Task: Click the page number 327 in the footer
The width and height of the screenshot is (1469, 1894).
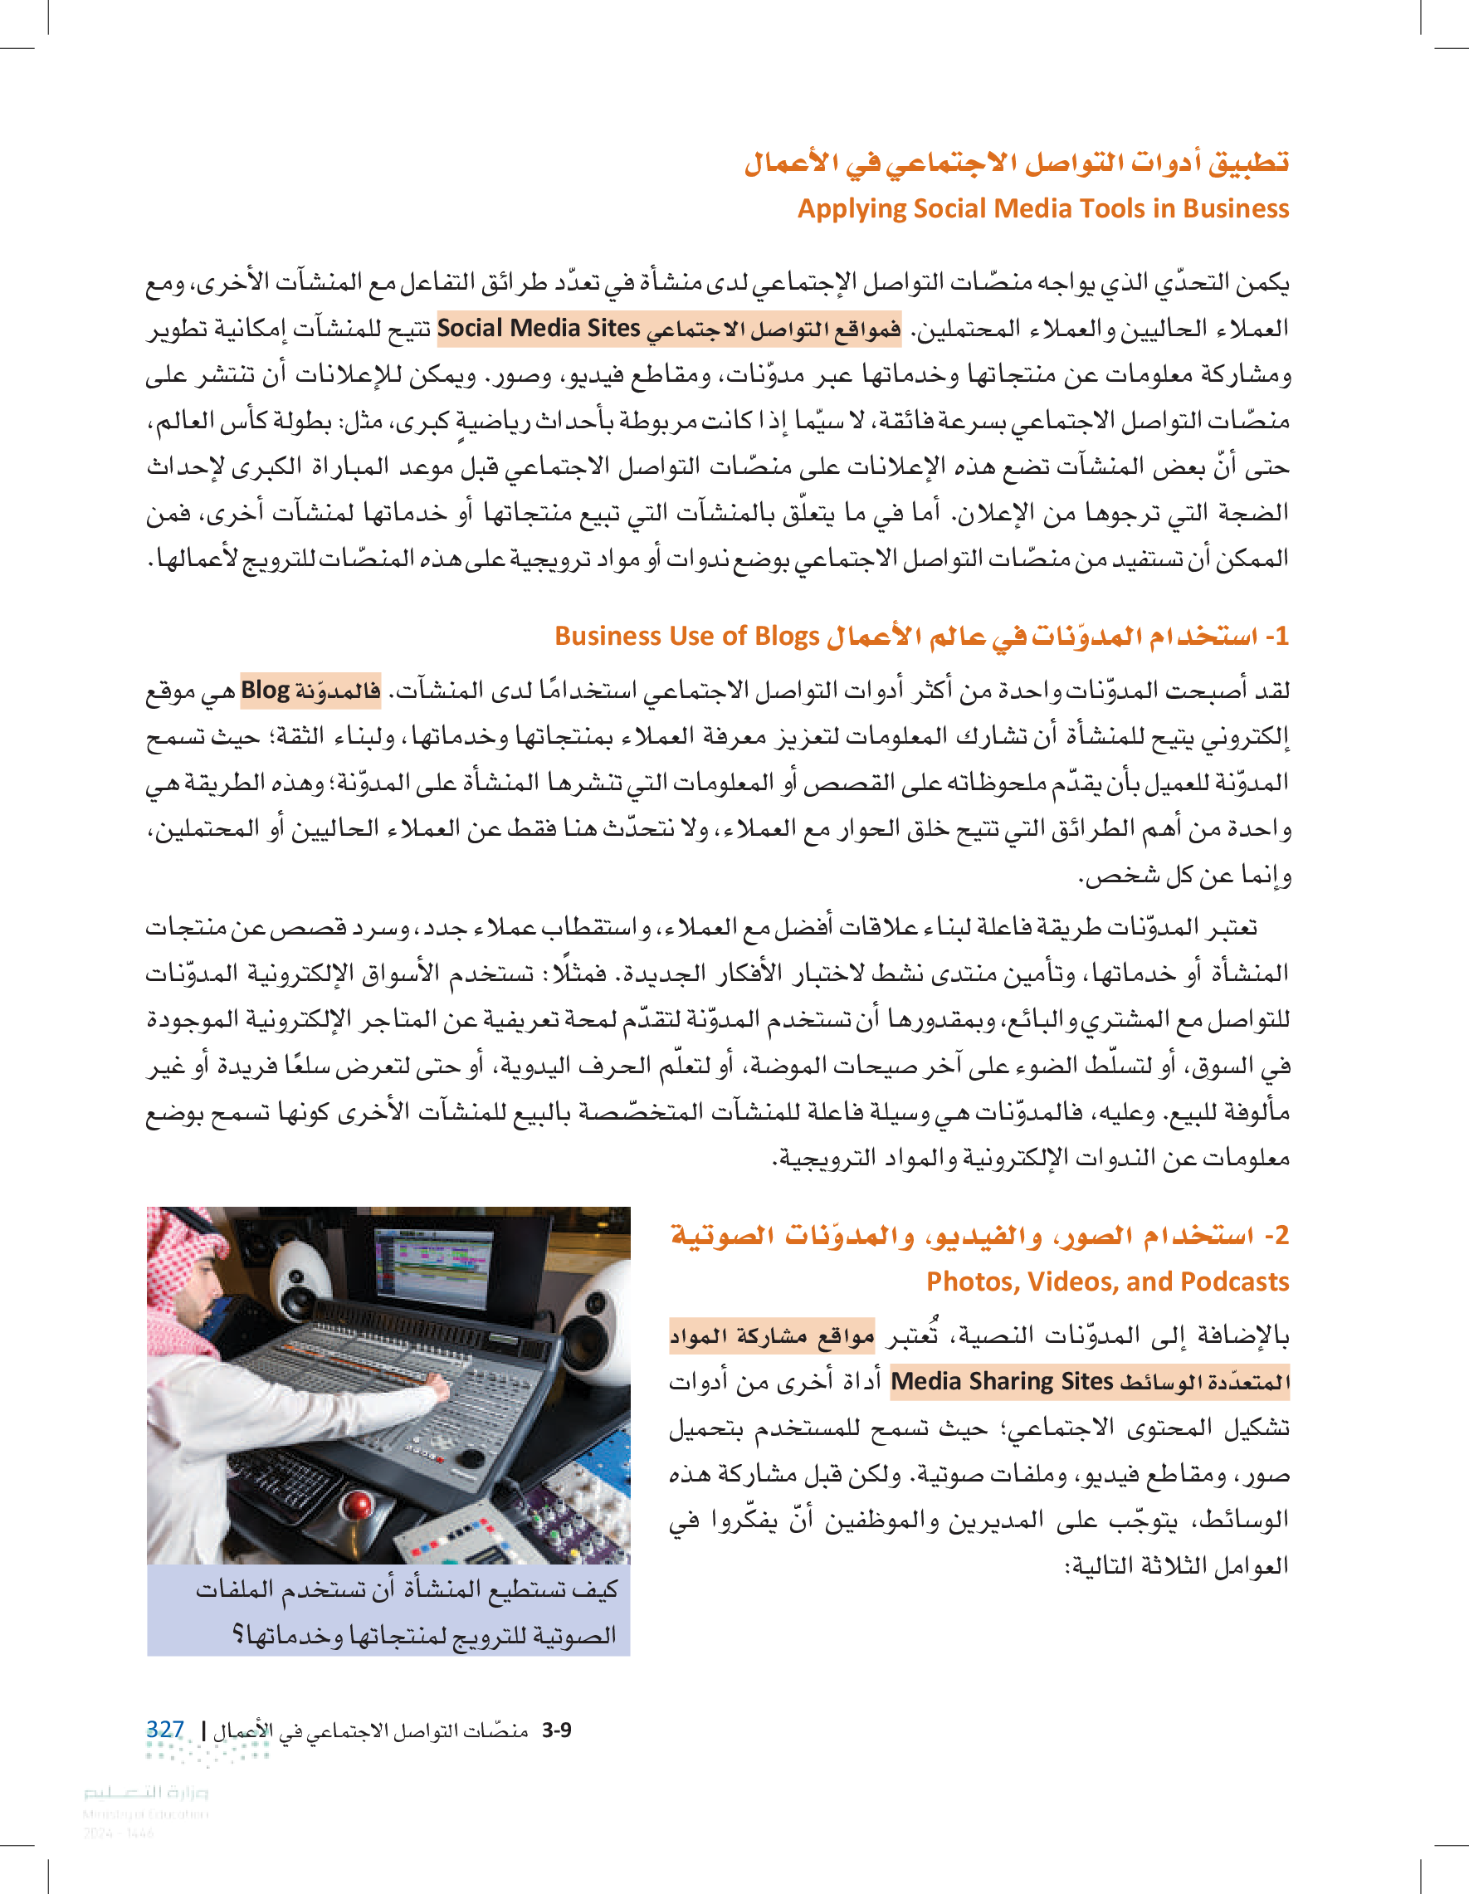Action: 165,1729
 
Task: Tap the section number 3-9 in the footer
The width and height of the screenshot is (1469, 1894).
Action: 556,1730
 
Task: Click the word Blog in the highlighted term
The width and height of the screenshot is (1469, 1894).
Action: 265,691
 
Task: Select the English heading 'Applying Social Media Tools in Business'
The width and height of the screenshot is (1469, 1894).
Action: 1042,209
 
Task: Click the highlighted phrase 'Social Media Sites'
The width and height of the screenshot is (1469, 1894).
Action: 538,328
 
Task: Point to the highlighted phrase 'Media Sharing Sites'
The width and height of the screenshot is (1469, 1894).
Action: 1002,1380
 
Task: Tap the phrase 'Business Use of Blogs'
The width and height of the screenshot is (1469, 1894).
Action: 687,636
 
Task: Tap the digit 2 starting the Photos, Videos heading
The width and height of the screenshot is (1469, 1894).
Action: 1281,1235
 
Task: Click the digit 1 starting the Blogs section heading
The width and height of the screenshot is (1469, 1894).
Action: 1281,637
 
